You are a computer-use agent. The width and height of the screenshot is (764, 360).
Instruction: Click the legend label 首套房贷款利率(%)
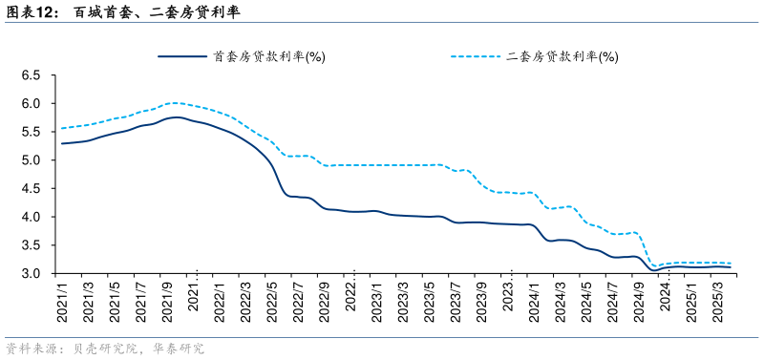tap(269, 56)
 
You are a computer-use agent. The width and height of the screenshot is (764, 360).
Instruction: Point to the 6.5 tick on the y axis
tap(31, 74)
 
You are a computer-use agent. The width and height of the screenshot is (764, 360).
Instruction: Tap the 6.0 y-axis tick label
tap(31, 103)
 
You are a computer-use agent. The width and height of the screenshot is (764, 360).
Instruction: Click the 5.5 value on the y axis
tap(31, 132)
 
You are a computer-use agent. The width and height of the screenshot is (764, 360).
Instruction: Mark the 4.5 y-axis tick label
tap(31, 188)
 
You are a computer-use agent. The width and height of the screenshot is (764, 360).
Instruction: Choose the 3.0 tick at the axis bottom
tap(31, 274)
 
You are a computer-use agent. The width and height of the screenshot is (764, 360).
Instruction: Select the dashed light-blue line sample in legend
tap(475, 56)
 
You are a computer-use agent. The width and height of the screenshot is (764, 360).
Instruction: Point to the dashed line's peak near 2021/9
tap(173, 102)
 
